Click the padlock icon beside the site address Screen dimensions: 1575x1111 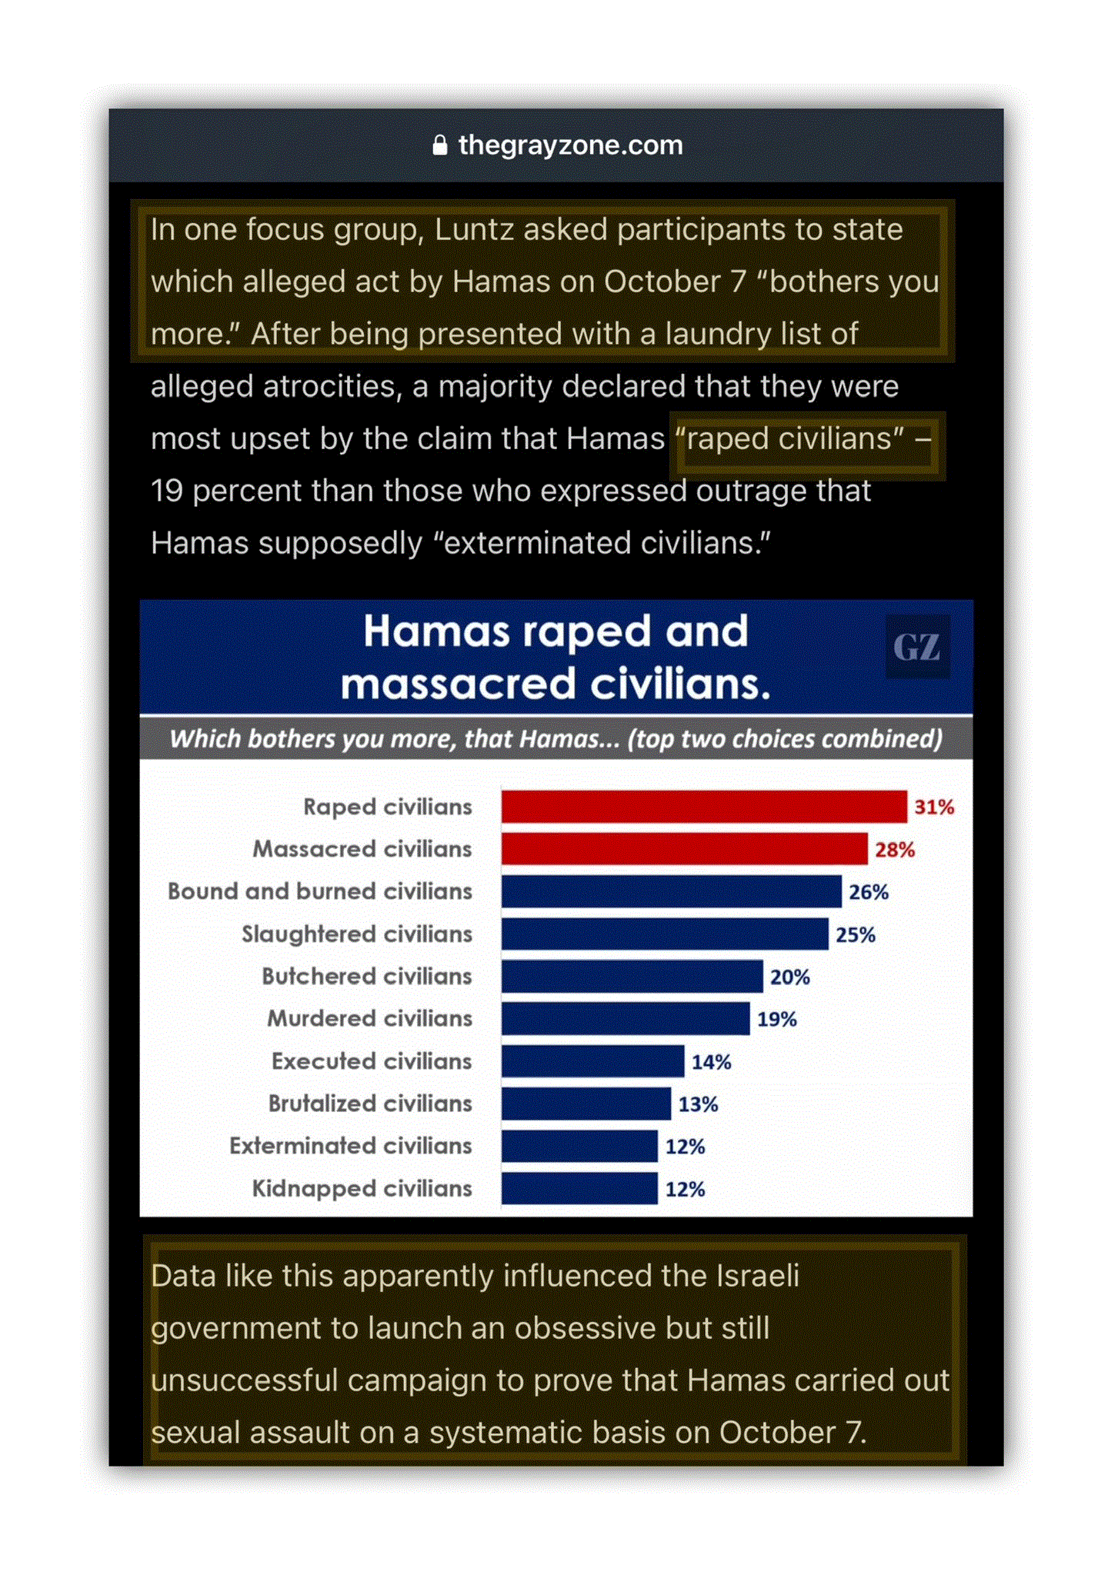(x=439, y=145)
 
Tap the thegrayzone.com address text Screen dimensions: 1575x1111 (x=570, y=145)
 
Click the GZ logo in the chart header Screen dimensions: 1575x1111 (x=916, y=647)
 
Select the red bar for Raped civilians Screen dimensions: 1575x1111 (x=703, y=807)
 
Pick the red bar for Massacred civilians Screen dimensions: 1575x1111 (x=684, y=849)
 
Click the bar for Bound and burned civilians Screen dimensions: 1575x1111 (x=671, y=891)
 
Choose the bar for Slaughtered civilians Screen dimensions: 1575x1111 (x=665, y=934)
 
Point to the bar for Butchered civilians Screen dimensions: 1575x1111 (x=632, y=977)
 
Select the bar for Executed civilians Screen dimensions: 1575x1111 (x=592, y=1061)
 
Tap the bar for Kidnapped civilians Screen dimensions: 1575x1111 (x=579, y=1188)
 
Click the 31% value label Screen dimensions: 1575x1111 (x=934, y=807)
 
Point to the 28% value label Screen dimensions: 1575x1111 (x=895, y=850)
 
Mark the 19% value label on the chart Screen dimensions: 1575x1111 (x=777, y=1019)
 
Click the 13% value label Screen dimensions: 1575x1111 (x=698, y=1104)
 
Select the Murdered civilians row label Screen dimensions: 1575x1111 (x=369, y=1018)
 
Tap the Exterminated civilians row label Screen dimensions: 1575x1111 (x=350, y=1146)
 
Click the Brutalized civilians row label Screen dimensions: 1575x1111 (x=369, y=1104)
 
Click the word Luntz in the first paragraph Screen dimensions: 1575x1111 (x=472, y=230)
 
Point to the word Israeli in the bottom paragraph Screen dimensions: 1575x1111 (x=758, y=1276)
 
